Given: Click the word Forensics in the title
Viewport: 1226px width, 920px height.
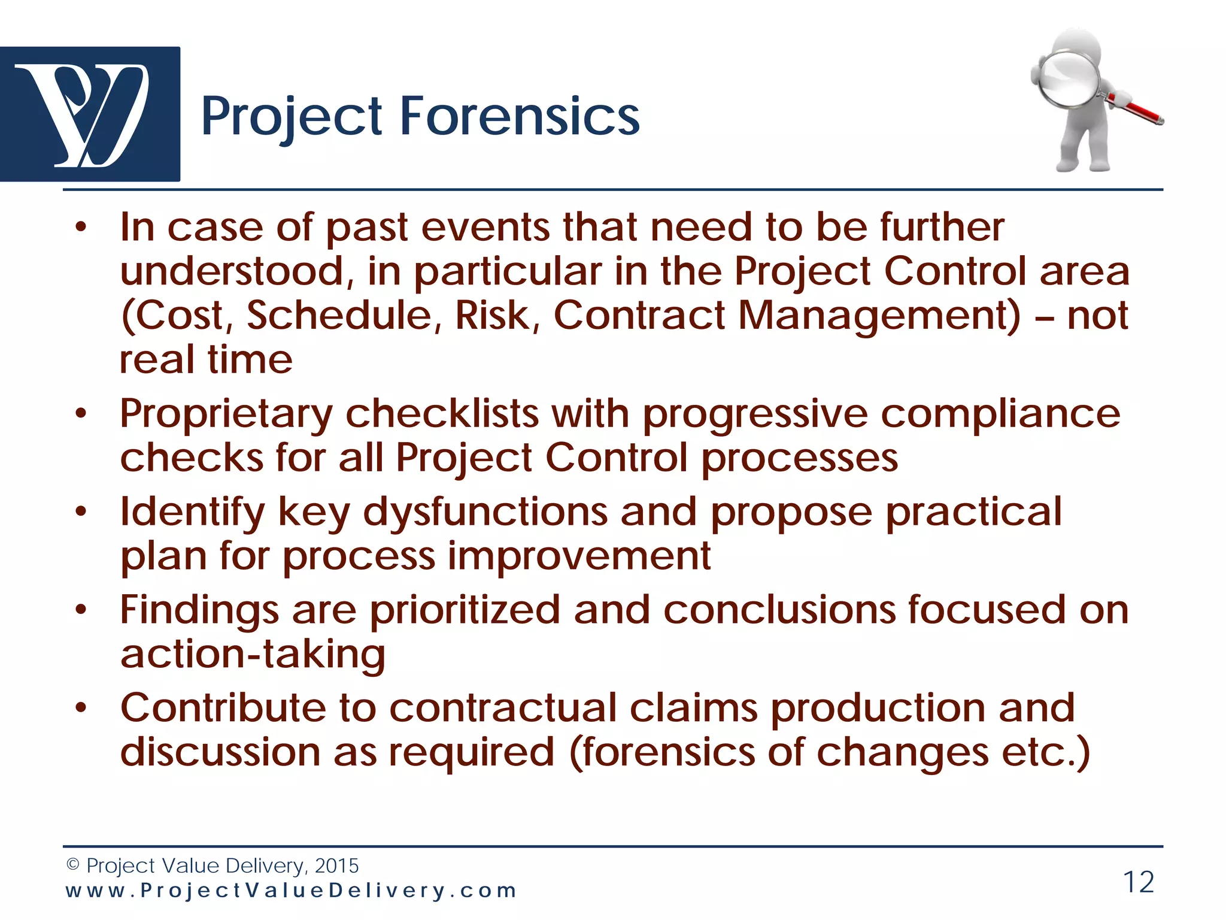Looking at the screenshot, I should (x=519, y=116).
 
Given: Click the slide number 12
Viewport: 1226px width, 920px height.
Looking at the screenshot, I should (x=1138, y=882).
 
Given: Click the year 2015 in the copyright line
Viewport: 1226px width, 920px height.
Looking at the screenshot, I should (x=336, y=865).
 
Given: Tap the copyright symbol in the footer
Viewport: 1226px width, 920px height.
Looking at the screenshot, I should (x=72, y=865).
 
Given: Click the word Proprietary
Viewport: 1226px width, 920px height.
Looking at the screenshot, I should (x=226, y=414).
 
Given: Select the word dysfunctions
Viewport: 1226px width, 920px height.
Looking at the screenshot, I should (x=485, y=513).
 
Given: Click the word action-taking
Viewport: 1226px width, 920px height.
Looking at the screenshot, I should (x=253, y=655).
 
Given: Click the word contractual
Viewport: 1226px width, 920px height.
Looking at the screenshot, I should (x=503, y=709).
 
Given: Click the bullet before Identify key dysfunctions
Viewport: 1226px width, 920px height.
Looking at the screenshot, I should (x=81, y=513).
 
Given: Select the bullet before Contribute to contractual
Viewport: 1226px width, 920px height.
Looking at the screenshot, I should (x=81, y=709).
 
